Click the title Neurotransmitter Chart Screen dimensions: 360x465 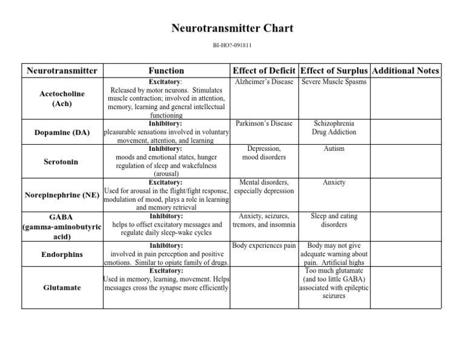click(232, 28)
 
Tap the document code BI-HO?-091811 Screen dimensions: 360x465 click(232, 45)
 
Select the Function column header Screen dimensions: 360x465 click(166, 70)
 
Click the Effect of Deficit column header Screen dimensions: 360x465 click(264, 70)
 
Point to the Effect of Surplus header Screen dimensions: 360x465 click(334, 70)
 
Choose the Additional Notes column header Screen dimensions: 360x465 click(406, 70)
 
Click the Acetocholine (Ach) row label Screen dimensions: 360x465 click(62, 99)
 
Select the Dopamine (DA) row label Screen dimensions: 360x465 click(62, 132)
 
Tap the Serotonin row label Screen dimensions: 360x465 click(62, 162)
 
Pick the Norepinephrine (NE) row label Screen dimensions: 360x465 click(62, 195)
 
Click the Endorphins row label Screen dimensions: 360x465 click(62, 255)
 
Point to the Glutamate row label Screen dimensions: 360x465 click(62, 287)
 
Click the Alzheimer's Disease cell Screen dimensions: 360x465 click(264, 82)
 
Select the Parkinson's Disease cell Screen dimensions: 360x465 click(264, 124)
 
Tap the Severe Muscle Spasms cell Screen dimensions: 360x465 click(334, 82)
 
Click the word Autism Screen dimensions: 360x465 click(334, 148)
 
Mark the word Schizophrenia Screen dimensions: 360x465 click(334, 124)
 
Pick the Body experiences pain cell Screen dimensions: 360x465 click(264, 246)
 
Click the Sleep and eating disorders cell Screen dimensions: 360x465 click(334, 220)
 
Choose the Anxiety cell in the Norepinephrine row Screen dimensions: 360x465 click(334, 182)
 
